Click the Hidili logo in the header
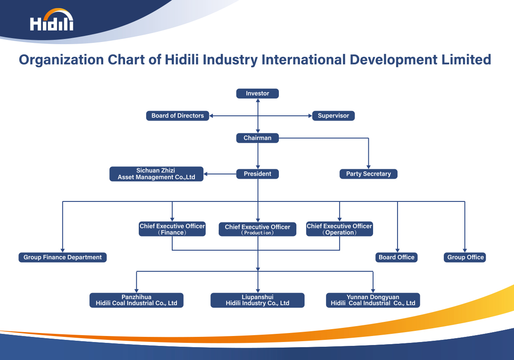point(52,20)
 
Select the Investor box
point(257,93)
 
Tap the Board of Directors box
point(177,116)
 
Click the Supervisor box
point(333,116)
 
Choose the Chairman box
point(257,138)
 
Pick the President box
point(257,174)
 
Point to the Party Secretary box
point(368,174)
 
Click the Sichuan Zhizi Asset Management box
point(156,174)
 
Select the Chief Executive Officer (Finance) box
point(172,229)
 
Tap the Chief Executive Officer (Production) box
point(257,229)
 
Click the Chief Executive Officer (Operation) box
point(339,229)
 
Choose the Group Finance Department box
point(63,258)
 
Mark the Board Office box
point(396,258)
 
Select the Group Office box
point(465,258)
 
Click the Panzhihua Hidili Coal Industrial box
point(136,300)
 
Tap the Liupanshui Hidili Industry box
point(257,300)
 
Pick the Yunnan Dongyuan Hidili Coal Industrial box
point(373,300)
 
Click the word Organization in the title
point(61,60)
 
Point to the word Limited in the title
point(466,60)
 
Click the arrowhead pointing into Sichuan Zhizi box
point(206,174)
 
